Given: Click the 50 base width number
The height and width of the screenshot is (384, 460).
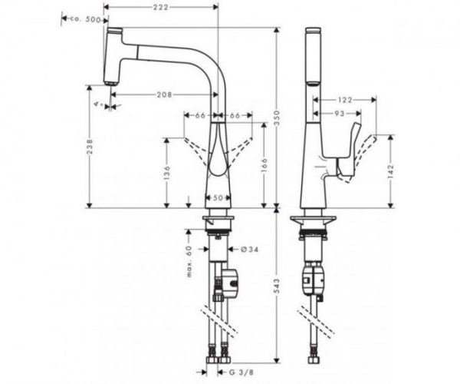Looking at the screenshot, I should tap(218, 198).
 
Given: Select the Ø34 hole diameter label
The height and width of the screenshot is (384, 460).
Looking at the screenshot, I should tap(238, 249).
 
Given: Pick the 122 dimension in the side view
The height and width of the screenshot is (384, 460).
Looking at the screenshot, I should tap(343, 99).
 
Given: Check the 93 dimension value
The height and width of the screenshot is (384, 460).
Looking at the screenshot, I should tap(338, 114).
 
